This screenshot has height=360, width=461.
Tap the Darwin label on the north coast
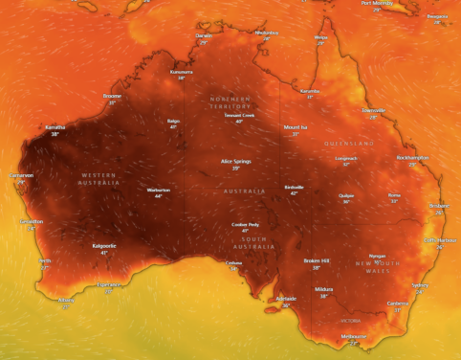click(204, 35)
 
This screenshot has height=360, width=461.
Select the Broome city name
click(112, 96)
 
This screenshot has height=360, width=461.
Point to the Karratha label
click(55, 127)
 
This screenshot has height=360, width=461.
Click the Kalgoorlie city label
click(104, 245)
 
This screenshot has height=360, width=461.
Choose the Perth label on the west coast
click(45, 260)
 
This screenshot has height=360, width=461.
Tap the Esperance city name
click(109, 283)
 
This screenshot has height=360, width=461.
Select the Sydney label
click(419, 284)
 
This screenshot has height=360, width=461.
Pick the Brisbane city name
click(440, 205)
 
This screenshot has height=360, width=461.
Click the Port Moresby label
click(378, 3)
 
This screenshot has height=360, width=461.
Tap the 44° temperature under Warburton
click(159, 196)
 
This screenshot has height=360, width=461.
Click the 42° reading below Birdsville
click(295, 193)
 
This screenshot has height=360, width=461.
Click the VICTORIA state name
click(351, 321)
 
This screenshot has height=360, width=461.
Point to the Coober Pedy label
click(245, 224)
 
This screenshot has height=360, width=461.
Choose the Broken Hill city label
click(317, 260)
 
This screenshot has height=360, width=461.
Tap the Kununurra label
click(182, 72)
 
